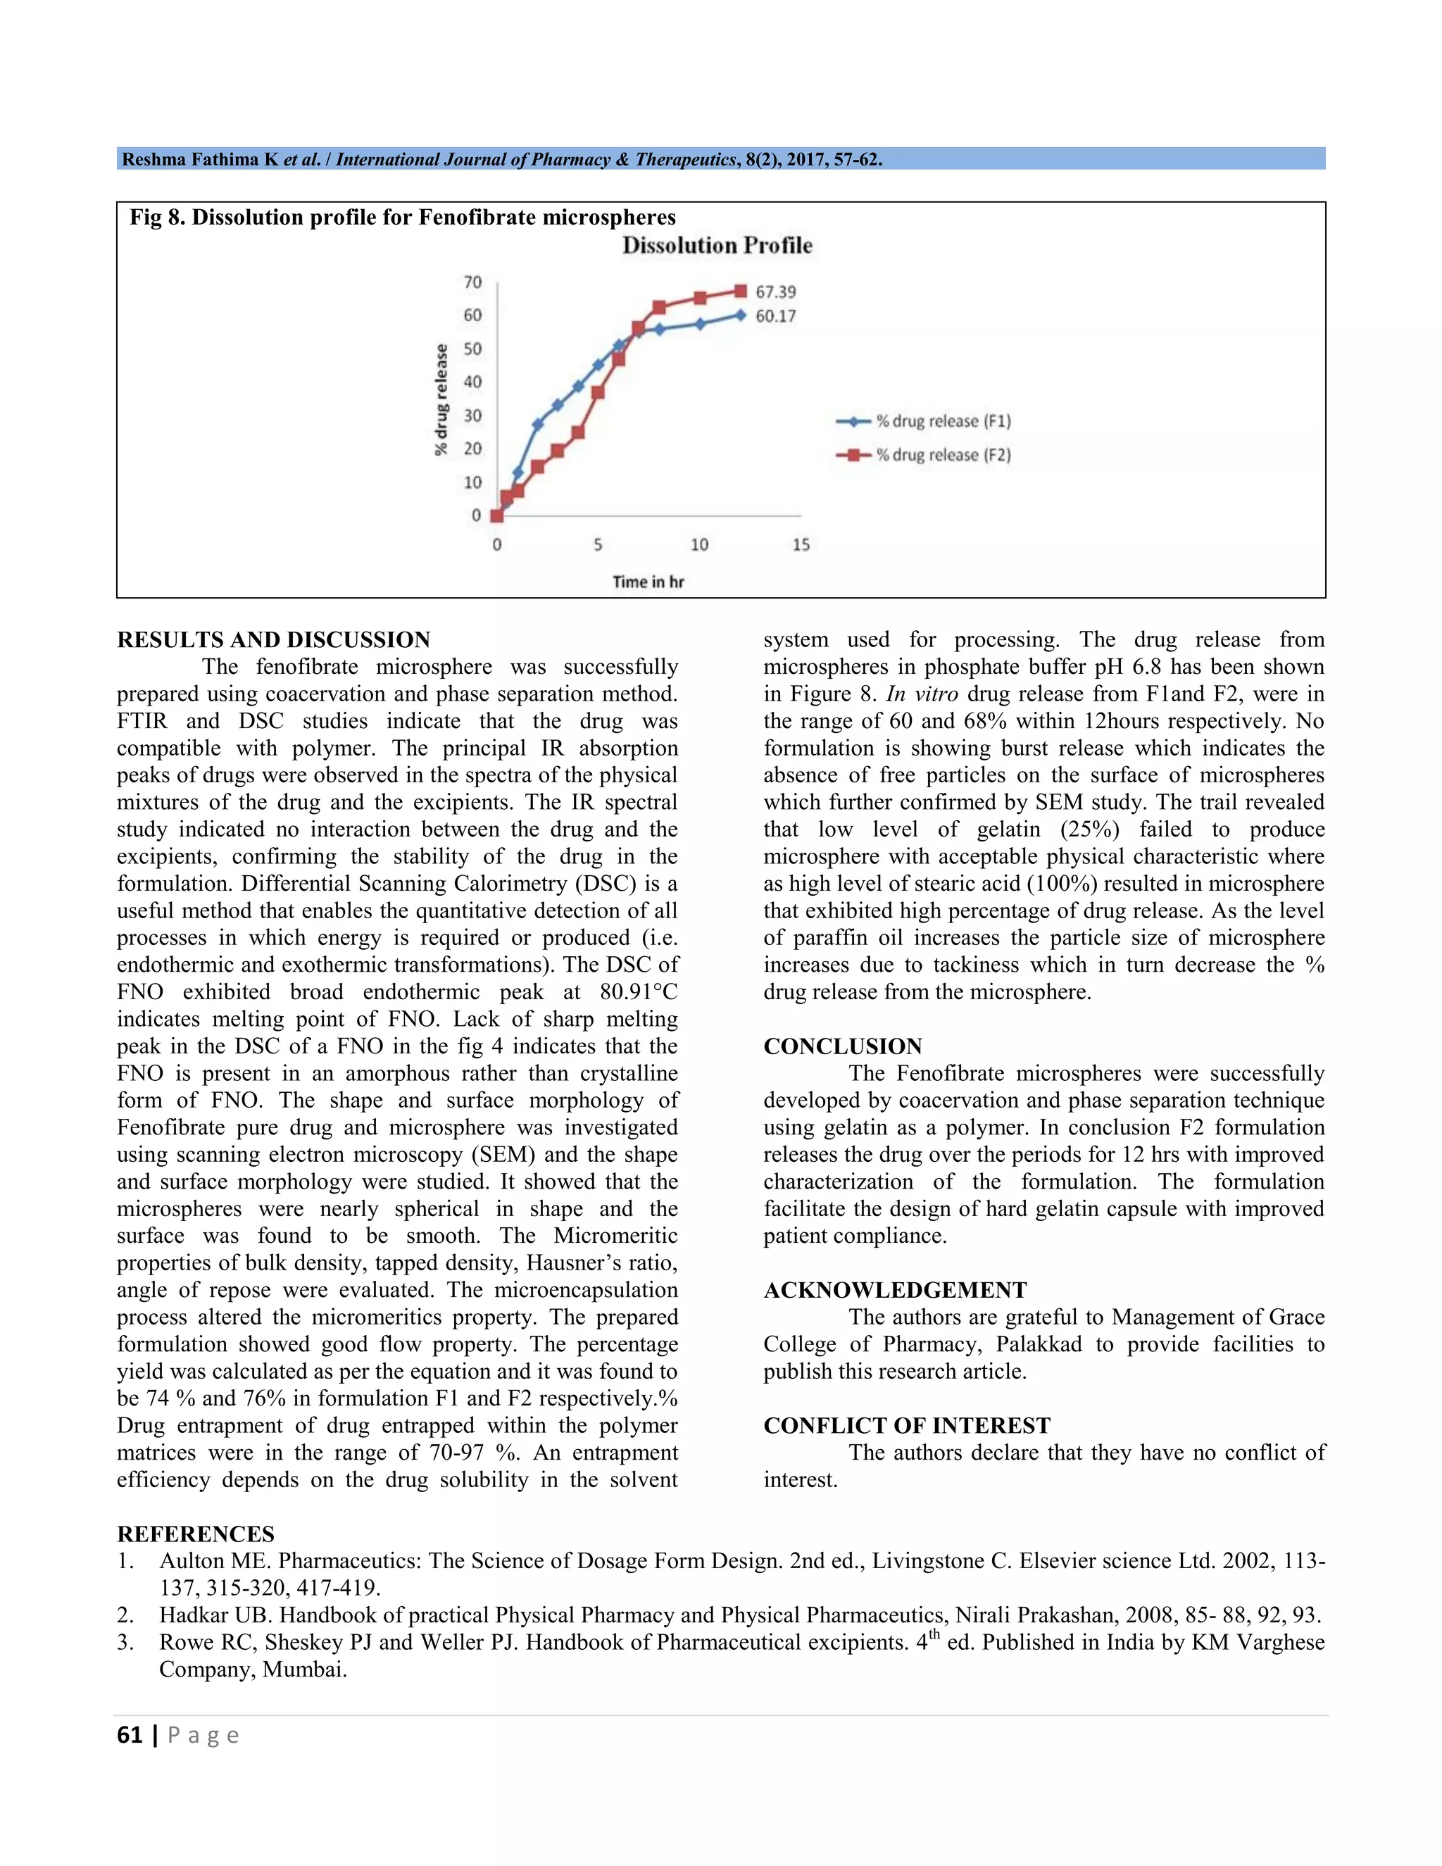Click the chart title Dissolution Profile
(717, 246)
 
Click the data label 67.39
(775, 292)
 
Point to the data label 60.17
(775, 316)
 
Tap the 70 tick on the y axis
(472, 282)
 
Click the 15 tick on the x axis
(801, 545)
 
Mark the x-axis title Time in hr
(648, 582)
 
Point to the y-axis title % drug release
(441, 399)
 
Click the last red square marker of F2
(741, 292)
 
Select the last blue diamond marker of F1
(741, 315)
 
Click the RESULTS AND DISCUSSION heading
(273, 640)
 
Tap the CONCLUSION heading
(842, 1046)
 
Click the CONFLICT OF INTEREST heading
(906, 1426)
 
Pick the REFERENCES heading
(196, 1534)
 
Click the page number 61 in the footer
(129, 1735)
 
